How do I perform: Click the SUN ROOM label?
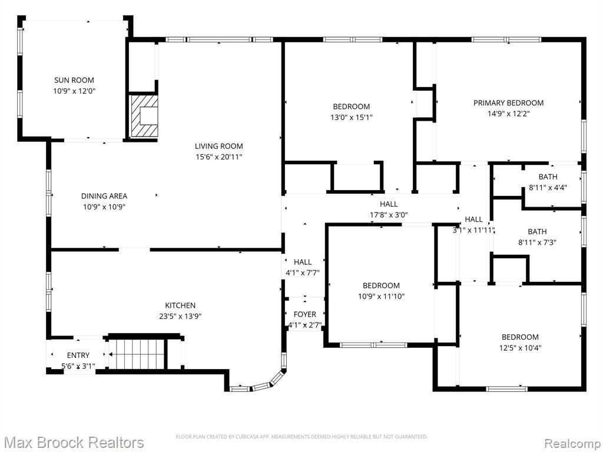74,80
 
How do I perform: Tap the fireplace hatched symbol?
144,116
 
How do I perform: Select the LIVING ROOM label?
219,146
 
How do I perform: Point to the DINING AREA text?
104,196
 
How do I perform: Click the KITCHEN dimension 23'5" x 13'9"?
180,316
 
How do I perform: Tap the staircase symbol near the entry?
137,354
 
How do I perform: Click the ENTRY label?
78,355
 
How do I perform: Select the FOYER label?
305,314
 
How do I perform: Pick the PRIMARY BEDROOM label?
508,103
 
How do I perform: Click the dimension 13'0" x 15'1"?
352,117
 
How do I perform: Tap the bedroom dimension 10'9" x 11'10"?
381,297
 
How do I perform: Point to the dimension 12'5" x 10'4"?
521,348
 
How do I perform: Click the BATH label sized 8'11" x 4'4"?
548,177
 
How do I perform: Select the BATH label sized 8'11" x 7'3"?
537,232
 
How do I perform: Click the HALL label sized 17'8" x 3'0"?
389,204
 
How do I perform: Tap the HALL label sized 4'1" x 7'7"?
303,262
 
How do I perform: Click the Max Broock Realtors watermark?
74,443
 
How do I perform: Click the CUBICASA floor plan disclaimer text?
301,437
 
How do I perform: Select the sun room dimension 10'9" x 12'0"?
74,91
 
